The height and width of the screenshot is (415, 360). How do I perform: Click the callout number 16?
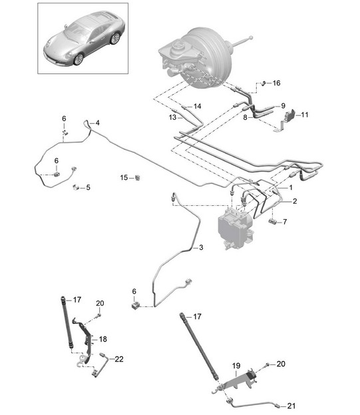point(276,83)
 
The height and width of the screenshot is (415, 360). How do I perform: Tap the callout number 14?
point(197,106)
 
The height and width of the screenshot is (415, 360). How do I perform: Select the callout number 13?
point(172,117)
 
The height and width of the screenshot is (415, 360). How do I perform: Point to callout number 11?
point(305,115)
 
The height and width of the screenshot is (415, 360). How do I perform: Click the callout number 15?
point(124,178)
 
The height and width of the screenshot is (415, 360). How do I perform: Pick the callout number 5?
point(88,187)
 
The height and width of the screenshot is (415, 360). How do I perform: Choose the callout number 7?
point(285,222)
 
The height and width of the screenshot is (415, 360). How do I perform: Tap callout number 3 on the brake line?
point(201,247)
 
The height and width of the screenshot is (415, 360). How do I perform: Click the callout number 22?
point(119,359)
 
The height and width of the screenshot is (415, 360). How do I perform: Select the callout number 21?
point(291,406)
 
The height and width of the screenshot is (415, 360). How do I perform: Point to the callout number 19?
point(236,366)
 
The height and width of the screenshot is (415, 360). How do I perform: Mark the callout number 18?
point(103,339)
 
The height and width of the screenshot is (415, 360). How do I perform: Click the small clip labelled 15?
point(138,178)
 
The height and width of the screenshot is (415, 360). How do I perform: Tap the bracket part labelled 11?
point(291,115)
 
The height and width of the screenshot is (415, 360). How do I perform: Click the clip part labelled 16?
point(264,83)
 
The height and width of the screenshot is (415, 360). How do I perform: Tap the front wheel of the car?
point(79,59)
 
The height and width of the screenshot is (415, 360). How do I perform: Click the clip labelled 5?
point(76,187)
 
